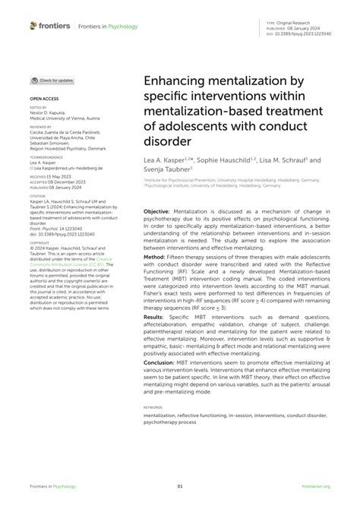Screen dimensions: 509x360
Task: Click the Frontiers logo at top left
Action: (x=52, y=26)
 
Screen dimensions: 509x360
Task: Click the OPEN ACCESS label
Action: (x=45, y=100)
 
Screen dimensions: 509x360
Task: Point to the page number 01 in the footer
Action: (x=180, y=486)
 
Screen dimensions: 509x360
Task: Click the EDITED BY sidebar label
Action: (x=39, y=108)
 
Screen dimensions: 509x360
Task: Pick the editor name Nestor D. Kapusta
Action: (x=52, y=113)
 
